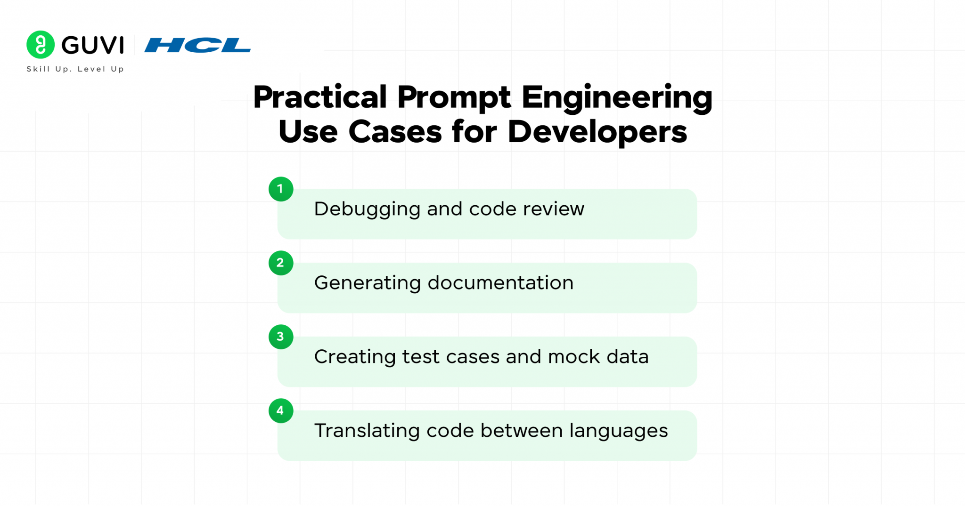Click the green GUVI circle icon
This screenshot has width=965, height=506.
tap(41, 45)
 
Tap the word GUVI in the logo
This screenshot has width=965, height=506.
tap(93, 46)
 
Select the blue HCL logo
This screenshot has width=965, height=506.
tap(197, 46)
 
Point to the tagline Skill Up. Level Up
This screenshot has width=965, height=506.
tap(75, 69)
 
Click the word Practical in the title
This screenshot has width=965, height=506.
tap(320, 97)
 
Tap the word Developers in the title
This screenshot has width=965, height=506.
tap(597, 132)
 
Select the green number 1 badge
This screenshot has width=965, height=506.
tap(281, 189)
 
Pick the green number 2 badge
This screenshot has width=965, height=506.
tap(281, 263)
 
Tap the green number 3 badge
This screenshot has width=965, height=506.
tap(281, 337)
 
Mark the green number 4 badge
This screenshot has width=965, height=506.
tap(281, 411)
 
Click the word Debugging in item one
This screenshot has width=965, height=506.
tap(367, 209)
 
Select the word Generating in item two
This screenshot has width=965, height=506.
tap(368, 283)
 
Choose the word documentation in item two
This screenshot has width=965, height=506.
tap(500, 283)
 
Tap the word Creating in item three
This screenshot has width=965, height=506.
tap(355, 357)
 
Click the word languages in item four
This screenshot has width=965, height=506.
tap(618, 431)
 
